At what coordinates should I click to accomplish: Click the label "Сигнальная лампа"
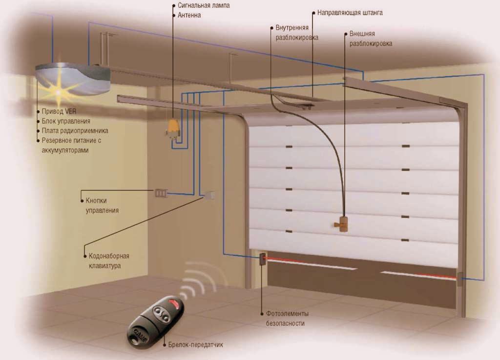(x=203, y=5)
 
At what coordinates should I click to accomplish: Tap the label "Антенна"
(x=189, y=15)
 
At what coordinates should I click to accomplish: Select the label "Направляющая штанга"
(x=350, y=13)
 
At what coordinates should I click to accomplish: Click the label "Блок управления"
(x=66, y=121)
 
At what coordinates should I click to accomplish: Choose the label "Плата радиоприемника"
(x=75, y=131)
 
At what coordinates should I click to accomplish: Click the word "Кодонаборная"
(x=109, y=256)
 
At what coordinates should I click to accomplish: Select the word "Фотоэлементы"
(x=288, y=313)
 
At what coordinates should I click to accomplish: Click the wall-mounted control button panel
(x=161, y=193)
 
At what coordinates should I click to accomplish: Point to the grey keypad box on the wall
(x=209, y=195)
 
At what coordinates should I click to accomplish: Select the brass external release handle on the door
(x=344, y=224)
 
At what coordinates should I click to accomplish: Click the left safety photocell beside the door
(x=262, y=258)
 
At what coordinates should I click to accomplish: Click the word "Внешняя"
(x=362, y=35)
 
